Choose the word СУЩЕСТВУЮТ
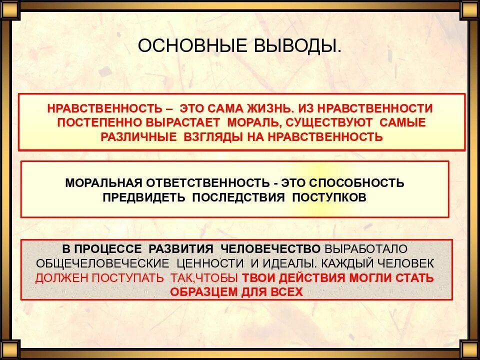333,122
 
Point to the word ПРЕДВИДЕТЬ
144,197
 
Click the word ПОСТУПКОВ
329,197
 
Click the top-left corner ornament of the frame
9,9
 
